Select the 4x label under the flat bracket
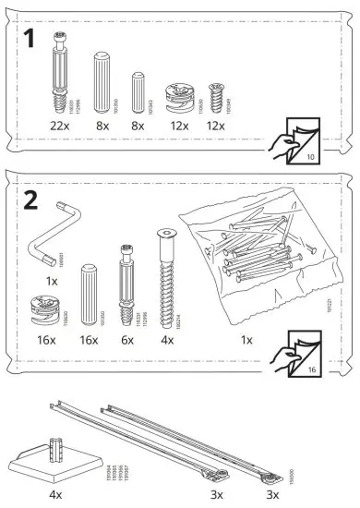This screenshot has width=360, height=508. click(55, 494)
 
